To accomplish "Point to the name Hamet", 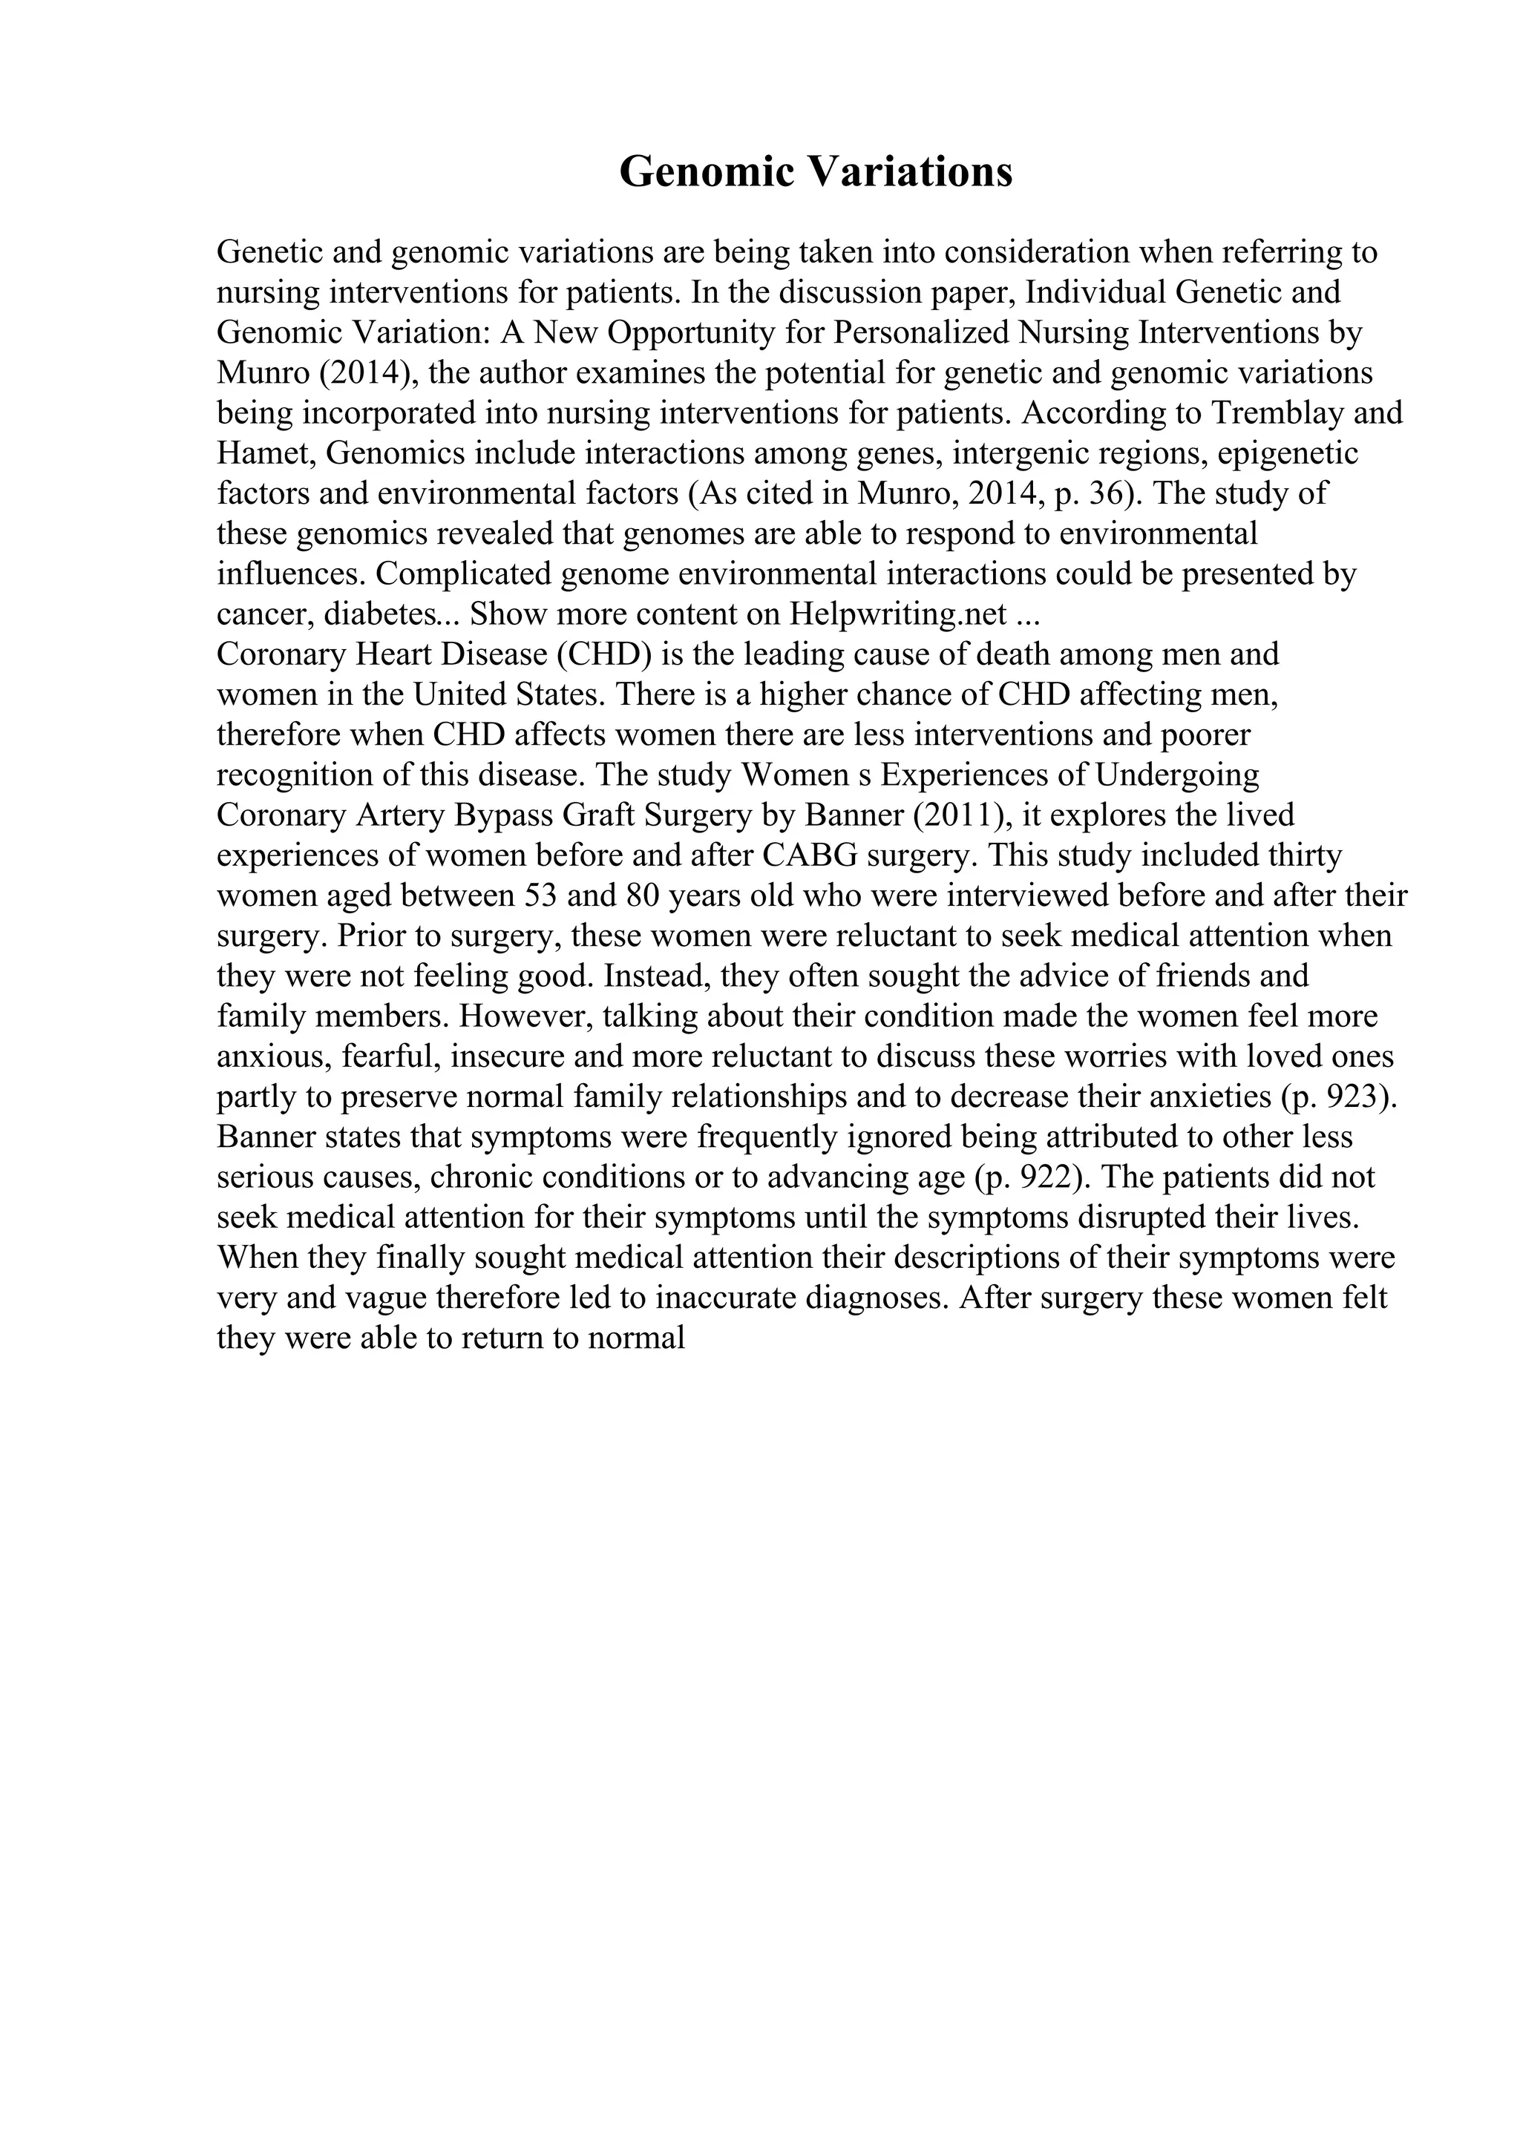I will tap(265, 453).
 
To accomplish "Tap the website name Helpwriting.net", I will tap(897, 614).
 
